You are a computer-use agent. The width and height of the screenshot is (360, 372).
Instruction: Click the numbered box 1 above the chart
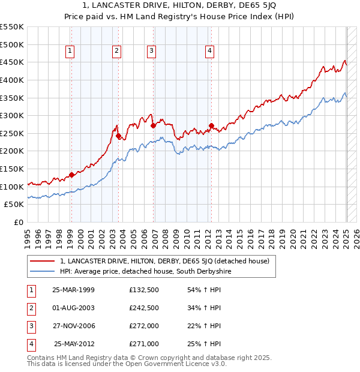70,52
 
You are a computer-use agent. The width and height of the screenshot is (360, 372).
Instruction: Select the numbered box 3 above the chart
152,52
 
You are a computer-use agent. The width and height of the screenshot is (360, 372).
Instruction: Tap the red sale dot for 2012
211,126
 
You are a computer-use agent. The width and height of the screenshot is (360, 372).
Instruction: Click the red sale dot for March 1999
71,175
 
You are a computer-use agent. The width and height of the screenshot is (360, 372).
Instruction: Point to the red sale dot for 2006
154,125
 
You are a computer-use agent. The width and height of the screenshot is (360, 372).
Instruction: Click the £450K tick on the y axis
12,62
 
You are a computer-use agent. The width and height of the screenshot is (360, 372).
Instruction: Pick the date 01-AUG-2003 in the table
74,308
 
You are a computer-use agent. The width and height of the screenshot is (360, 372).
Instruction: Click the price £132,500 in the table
144,290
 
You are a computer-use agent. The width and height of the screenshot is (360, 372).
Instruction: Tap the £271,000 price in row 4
144,344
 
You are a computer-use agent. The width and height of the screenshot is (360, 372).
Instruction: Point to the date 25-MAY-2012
74,344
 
